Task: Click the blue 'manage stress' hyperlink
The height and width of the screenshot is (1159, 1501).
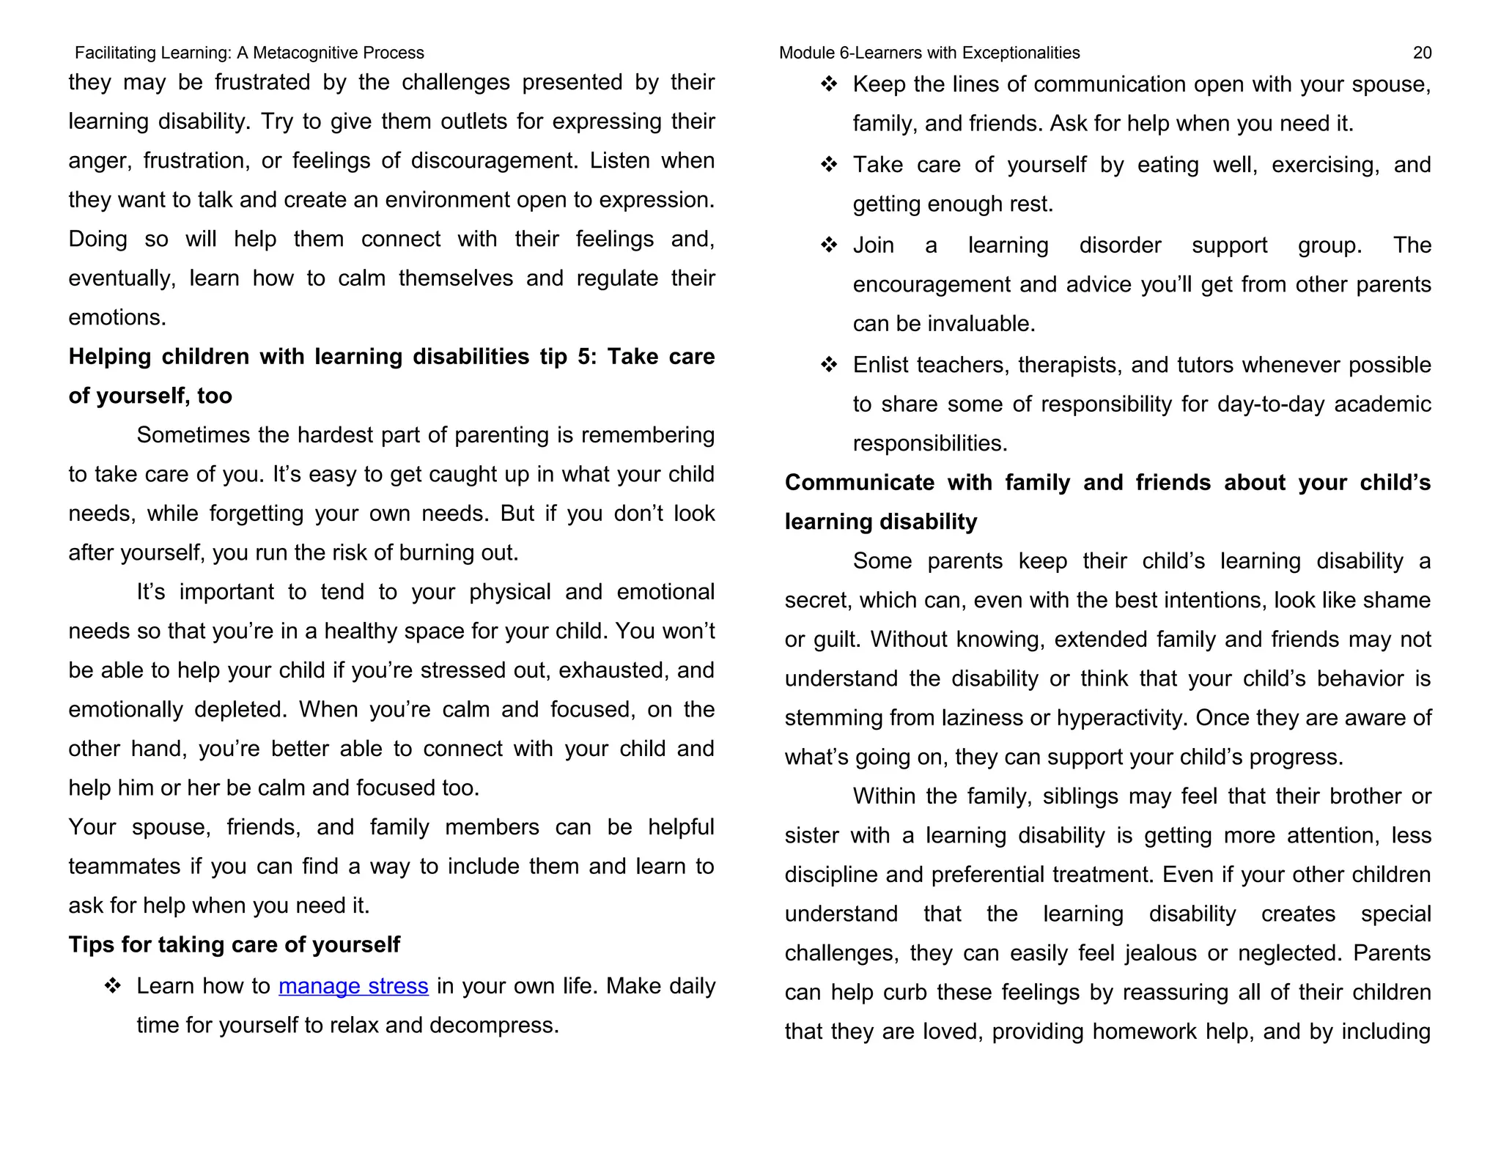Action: tap(353, 986)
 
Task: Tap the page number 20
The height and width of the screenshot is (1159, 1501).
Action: tap(1422, 53)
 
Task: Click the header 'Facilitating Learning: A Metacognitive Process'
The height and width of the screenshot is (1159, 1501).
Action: tap(249, 53)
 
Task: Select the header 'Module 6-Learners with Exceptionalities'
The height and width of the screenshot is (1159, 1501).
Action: tap(929, 53)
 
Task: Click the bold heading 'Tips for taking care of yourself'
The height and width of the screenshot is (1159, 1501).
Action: tap(234, 944)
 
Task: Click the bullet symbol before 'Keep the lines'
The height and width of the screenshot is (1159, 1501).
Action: tap(829, 84)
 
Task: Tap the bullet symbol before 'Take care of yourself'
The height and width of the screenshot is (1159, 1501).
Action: tap(829, 165)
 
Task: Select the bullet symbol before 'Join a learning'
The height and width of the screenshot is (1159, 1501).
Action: tap(829, 245)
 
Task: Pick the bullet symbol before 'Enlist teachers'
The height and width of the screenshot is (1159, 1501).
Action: tap(829, 365)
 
